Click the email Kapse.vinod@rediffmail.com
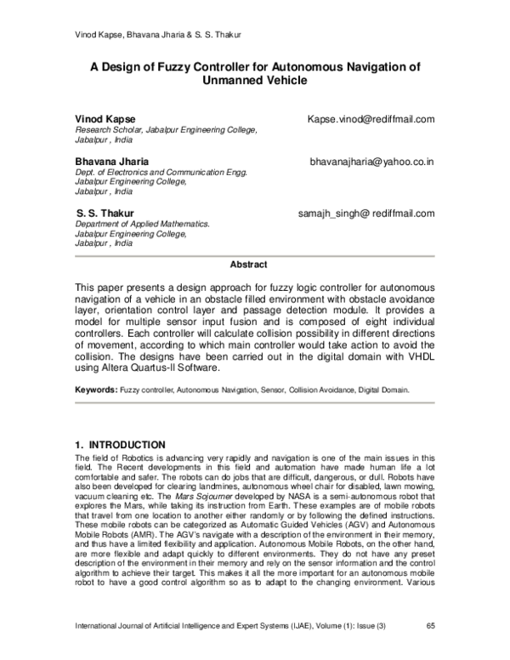pos(371,120)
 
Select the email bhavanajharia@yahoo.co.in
pos(372,161)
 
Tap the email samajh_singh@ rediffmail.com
pos(367,213)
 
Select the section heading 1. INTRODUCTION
pos(120,445)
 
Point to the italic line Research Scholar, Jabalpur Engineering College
pos(166,130)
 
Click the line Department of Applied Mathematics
pos(142,224)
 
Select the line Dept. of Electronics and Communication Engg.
pos(161,172)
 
